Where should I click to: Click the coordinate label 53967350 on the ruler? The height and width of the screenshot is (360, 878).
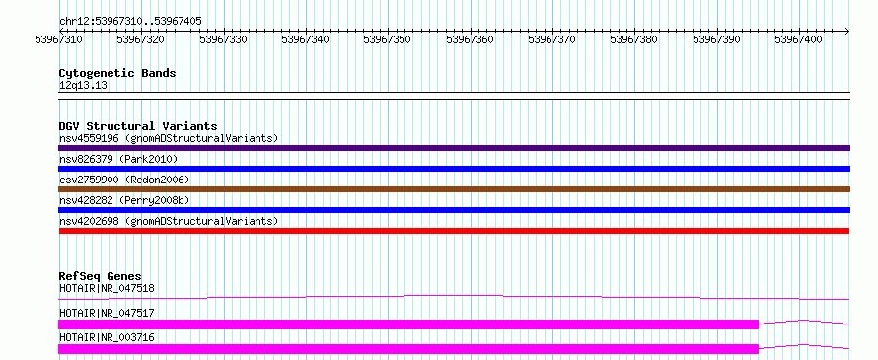pos(388,39)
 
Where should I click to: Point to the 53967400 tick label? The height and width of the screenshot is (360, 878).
pos(798,39)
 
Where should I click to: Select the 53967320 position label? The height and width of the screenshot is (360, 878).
pos(140,39)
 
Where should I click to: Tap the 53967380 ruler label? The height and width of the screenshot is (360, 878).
pos(634,39)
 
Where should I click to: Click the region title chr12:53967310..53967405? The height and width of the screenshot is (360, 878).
pos(130,22)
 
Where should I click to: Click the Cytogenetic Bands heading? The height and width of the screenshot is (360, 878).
pos(117,73)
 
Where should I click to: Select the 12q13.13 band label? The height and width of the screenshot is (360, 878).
pos(84,86)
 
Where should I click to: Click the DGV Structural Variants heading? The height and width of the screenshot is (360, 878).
pos(138,126)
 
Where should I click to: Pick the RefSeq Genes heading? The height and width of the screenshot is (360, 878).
pos(101,276)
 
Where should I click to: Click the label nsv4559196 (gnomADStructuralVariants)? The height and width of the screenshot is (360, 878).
pos(169,138)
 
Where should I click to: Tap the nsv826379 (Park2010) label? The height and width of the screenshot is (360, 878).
pos(118,159)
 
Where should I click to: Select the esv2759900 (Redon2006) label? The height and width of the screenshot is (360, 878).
pos(124,180)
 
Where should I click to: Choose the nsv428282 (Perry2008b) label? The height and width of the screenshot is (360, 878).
pos(122,200)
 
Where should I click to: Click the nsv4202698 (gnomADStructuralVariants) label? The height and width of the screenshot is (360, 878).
pos(169,221)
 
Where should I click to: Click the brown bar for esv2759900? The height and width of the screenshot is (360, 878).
pos(454,189)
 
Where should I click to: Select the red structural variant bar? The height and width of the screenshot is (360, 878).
pos(454,231)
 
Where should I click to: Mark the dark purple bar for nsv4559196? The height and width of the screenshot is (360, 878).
pos(454,148)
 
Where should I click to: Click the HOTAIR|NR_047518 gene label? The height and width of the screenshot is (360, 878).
pos(107,288)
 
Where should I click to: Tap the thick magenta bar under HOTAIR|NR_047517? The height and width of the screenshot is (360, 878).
pos(408,324)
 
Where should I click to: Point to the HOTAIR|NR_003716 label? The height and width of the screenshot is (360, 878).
pos(107,337)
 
